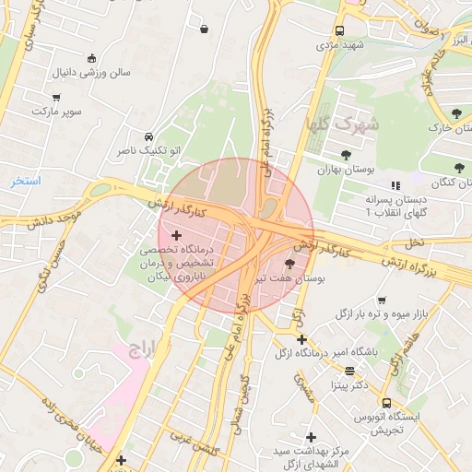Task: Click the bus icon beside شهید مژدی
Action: coord(340,30)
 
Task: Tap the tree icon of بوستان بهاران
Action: coord(346,155)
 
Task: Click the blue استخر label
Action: coord(26,181)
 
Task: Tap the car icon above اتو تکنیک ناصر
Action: coord(148,135)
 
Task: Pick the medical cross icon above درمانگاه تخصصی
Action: coord(177,237)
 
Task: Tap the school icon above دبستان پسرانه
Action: coord(395,184)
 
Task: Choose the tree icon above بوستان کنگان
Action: coord(458,168)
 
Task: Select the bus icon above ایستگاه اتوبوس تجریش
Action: coord(386,404)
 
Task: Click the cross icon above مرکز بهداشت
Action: coord(311,436)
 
